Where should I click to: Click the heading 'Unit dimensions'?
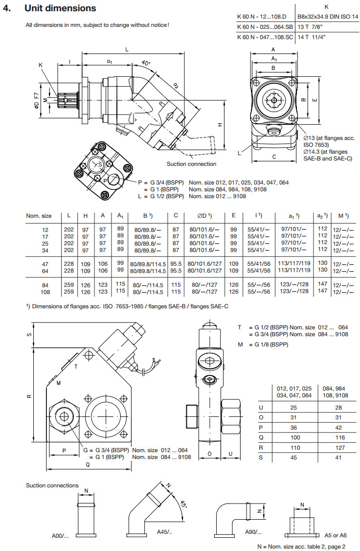coord(60,8)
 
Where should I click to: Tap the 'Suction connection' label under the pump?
coord(191,164)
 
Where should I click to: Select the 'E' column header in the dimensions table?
coord(233,215)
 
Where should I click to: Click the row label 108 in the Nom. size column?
coord(45,292)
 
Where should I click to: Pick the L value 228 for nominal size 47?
coord(69,263)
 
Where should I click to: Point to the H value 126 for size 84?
coord(86,285)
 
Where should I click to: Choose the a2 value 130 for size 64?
coord(322,270)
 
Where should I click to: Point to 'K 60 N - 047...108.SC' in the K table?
coord(265,37)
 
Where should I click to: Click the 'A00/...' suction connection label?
coord(60,536)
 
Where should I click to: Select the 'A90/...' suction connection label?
coord(253,531)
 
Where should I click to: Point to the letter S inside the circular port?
coord(101,165)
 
